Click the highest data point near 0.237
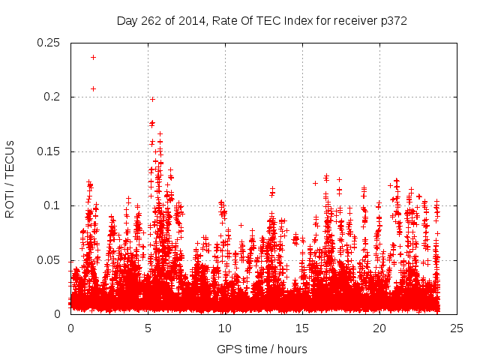(93, 57)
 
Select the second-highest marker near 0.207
(93, 88)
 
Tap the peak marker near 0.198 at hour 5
(152, 99)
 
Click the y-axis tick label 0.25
(49, 43)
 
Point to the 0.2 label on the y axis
(52, 97)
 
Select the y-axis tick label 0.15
(49, 151)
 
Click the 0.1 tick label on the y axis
(52, 205)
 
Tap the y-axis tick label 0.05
(49, 260)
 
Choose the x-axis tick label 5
(148, 328)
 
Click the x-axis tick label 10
(225, 328)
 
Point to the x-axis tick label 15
(302, 328)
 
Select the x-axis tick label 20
(379, 328)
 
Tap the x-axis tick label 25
(457, 328)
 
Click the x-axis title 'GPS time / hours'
(262, 349)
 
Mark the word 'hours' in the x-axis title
(291, 349)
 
